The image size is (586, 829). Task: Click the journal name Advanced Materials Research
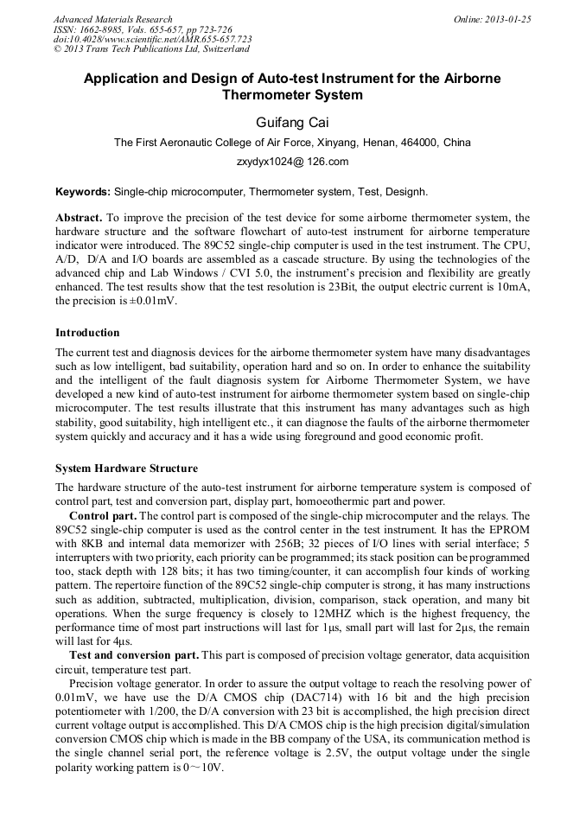(x=113, y=19)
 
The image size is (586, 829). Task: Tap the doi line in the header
(x=153, y=40)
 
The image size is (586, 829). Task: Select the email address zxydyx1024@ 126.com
(x=292, y=161)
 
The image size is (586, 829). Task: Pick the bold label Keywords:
(x=83, y=191)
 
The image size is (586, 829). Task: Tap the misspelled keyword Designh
(x=406, y=191)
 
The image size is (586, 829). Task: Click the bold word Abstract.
(x=79, y=218)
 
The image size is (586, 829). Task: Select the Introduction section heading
(x=87, y=333)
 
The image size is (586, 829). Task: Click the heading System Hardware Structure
(x=126, y=469)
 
